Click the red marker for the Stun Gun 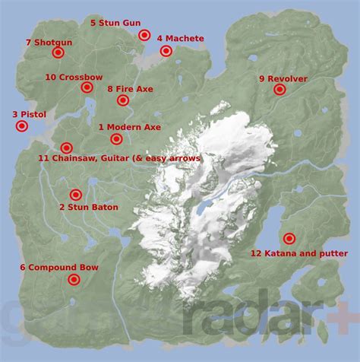[144, 35]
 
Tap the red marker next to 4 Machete [166, 51]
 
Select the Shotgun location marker [58, 52]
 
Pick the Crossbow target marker [87, 87]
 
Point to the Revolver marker [279, 90]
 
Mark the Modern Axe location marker [116, 138]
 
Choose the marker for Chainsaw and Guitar [66, 148]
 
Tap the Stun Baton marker [75, 195]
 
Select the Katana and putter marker [289, 238]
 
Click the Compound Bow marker [74, 280]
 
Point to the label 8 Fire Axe [130, 90]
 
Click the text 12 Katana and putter [298, 253]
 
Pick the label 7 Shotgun [49, 42]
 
